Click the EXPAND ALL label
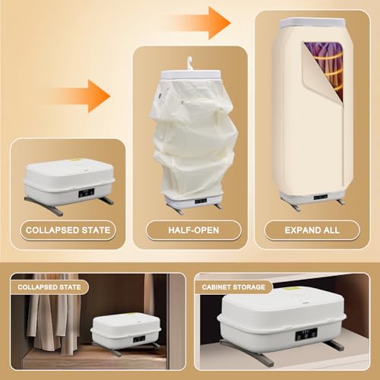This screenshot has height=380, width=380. pyautogui.click(x=312, y=230)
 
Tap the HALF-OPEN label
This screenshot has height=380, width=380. pyautogui.click(x=194, y=230)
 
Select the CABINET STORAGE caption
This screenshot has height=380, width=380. pyautogui.click(x=233, y=287)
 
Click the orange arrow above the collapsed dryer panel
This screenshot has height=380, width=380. pyautogui.click(x=82, y=96)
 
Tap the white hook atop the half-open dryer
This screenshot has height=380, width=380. pyautogui.click(x=189, y=64)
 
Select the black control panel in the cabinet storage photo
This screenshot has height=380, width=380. pyautogui.click(x=306, y=334)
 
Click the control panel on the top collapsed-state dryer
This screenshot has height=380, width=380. pyautogui.click(x=86, y=193)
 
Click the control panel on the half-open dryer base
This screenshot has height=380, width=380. pyautogui.click(x=201, y=201)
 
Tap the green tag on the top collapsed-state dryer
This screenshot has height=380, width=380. pyautogui.click(x=75, y=160)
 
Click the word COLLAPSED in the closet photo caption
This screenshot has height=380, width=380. pyautogui.click(x=35, y=287)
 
